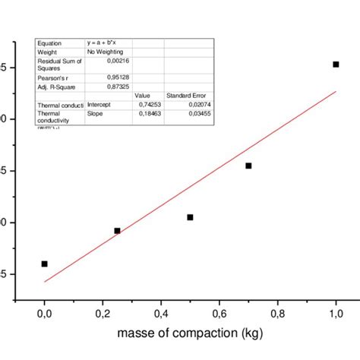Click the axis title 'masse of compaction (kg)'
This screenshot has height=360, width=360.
189,335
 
